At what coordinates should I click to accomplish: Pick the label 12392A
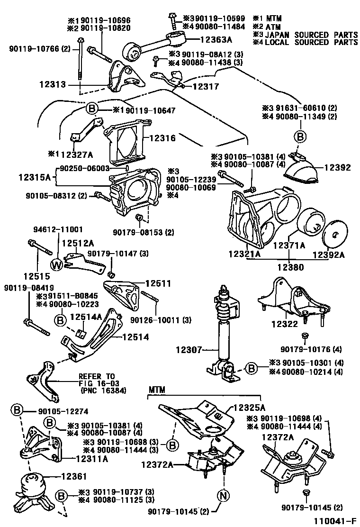(x=328, y=254)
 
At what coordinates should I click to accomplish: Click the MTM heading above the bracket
(x=156, y=390)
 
